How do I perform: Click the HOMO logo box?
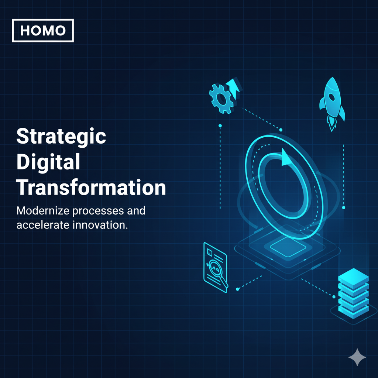(x=43, y=31)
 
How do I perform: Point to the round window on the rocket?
(x=331, y=97)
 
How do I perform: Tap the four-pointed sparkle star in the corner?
(x=357, y=357)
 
